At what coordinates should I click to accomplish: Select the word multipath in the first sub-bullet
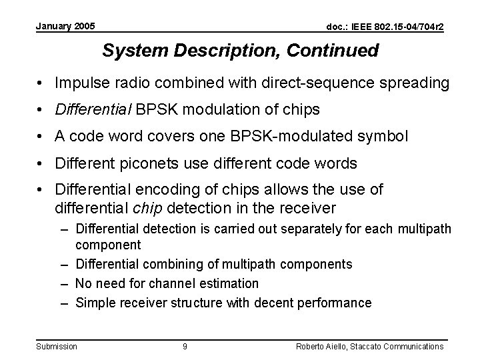pyautogui.click(x=424, y=229)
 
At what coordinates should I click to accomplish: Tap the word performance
pyautogui.click(x=337, y=303)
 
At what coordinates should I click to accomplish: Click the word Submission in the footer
pyautogui.click(x=57, y=346)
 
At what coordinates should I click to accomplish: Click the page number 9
pyautogui.click(x=185, y=346)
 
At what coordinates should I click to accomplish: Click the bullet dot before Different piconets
pyautogui.click(x=41, y=163)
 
